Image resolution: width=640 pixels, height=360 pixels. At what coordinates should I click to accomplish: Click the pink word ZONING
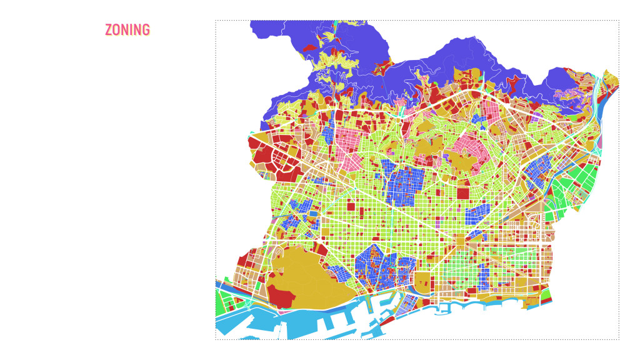pyautogui.click(x=127, y=30)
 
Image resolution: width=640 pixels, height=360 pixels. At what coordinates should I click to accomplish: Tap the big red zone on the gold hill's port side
pyautogui.click(x=281, y=298)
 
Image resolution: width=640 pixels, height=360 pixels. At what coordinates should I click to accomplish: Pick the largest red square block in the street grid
pyautogui.click(x=462, y=193)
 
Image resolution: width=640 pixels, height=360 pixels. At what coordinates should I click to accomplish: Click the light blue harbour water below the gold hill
pyautogui.click(x=294, y=325)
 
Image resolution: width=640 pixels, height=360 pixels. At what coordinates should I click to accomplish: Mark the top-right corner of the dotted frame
pyautogui.click(x=619, y=21)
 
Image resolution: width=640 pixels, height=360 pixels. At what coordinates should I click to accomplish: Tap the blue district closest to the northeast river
pyautogui.click(x=536, y=172)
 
